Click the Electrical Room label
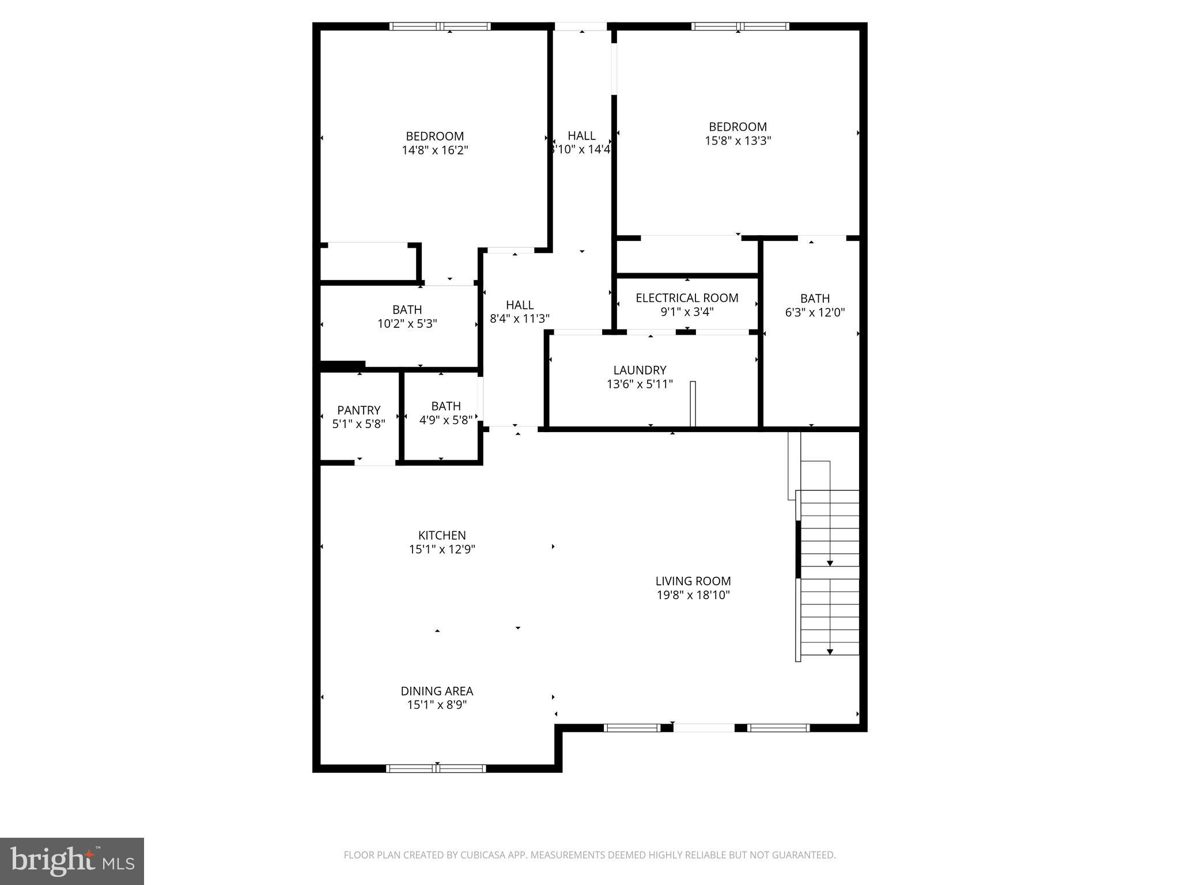tap(687, 298)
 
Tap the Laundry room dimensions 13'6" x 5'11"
tap(640, 384)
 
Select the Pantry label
tap(358, 410)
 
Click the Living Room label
tap(693, 581)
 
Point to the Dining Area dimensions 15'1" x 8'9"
tap(437, 705)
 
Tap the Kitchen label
tap(442, 535)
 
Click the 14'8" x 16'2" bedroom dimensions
tap(435, 150)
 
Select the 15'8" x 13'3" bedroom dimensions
tap(737, 141)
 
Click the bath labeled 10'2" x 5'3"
tap(407, 317)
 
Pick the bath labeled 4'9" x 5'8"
tap(445, 413)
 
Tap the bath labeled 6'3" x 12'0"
tap(815, 305)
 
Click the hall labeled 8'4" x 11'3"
tap(520, 312)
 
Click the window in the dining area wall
tap(436, 768)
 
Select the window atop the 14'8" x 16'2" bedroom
tap(440, 26)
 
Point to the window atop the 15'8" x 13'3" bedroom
tap(740, 26)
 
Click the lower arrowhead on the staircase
tap(830, 652)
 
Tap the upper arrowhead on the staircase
tap(830, 562)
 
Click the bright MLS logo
tap(72, 861)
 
